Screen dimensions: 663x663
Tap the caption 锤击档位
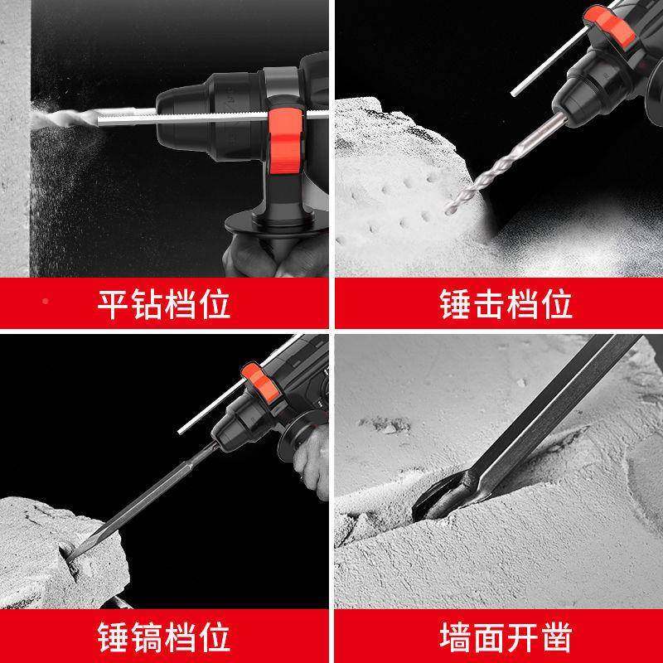[506, 304]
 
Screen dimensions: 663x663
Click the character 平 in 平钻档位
[114, 304]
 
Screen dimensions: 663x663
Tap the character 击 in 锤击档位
[489, 304]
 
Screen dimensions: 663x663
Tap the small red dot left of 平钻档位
[45, 301]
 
